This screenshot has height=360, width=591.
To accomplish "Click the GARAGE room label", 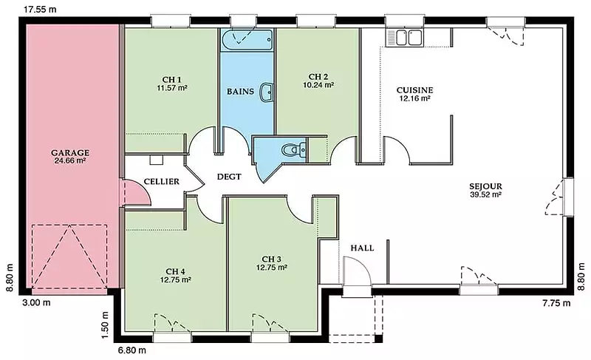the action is (70, 153).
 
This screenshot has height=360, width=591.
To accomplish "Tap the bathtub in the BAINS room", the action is (247, 40).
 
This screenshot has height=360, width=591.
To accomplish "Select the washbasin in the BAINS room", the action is (267, 92).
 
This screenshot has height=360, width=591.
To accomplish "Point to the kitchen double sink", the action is (404, 38).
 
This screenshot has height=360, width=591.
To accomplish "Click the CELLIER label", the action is (162, 181).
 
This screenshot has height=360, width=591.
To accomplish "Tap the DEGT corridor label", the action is (229, 177).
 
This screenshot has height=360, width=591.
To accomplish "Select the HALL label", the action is (362, 248).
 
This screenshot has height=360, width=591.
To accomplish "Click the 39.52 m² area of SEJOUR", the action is (485, 195).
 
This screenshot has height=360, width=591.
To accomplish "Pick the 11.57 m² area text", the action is (172, 88).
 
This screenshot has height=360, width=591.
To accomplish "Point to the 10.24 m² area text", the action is (318, 85).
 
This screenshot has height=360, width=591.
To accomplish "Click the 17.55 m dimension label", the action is (40, 10).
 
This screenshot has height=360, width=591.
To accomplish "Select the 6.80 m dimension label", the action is (131, 350).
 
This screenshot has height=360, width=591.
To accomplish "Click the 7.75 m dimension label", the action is (556, 302).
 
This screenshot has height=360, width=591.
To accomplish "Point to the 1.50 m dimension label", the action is (105, 325).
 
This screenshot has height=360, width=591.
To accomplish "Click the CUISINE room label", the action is (414, 90).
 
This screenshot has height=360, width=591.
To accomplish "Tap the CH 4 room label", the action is (175, 271).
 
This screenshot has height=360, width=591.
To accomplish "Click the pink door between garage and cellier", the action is (135, 193).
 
